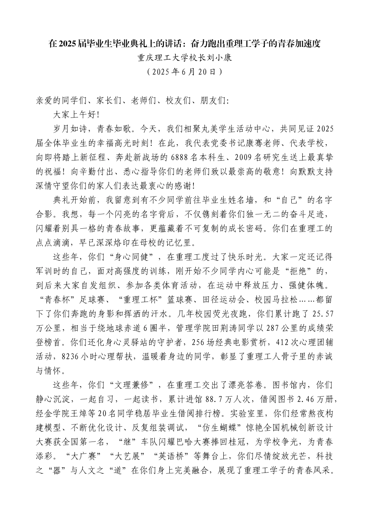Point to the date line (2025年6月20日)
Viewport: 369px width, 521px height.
click(x=184, y=72)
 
